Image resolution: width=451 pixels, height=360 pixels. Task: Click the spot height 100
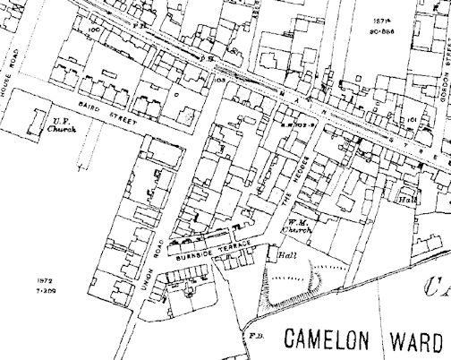94,29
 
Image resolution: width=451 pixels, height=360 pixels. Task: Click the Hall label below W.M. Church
286,254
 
